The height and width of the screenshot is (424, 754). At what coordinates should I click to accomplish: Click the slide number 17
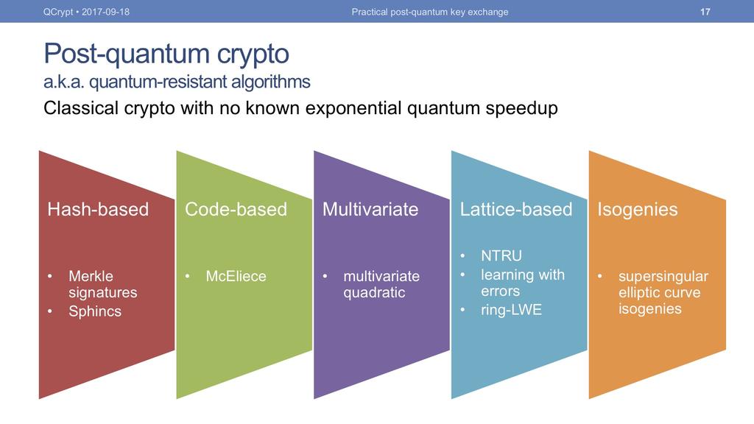(x=705, y=12)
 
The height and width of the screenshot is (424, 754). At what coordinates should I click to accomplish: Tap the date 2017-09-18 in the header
(x=105, y=12)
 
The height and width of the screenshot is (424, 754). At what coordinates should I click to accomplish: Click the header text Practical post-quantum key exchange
(x=430, y=12)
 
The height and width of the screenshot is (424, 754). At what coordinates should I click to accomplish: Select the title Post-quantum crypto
(x=166, y=54)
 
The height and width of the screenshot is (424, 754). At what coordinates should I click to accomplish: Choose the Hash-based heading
(x=98, y=209)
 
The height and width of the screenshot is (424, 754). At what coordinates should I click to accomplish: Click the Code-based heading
(x=236, y=209)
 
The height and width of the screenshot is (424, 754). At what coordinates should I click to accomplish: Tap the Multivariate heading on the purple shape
(x=370, y=209)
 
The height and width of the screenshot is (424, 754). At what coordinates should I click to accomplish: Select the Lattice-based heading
(x=516, y=209)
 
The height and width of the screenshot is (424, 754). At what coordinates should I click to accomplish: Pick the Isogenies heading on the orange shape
(x=638, y=210)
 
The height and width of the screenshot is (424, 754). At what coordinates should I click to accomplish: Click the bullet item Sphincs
(x=95, y=311)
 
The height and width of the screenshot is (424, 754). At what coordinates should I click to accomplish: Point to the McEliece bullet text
(x=236, y=276)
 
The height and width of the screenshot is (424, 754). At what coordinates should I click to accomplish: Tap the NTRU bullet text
(x=501, y=255)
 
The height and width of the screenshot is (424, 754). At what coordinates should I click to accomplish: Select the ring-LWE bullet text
(x=511, y=310)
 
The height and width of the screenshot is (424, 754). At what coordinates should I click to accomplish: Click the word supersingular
(x=663, y=277)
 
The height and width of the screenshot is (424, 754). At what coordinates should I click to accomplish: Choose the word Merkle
(x=91, y=276)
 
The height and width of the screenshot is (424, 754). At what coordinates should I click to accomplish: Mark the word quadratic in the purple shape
(x=374, y=293)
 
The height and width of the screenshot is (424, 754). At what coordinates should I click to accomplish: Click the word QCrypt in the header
(x=58, y=12)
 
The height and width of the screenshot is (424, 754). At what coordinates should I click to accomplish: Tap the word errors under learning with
(x=500, y=291)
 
